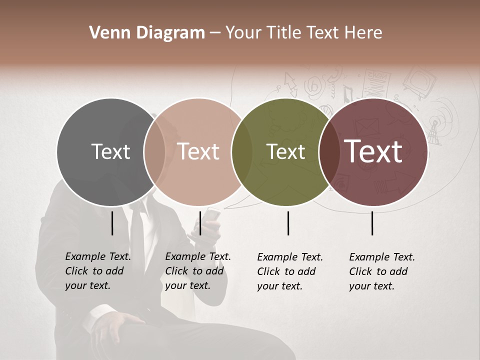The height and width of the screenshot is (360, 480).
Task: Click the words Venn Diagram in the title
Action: click(147, 33)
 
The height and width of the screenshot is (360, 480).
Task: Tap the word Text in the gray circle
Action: click(110, 151)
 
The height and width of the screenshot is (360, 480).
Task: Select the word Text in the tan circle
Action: click(198, 151)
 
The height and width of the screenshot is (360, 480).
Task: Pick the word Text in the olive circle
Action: click(285, 151)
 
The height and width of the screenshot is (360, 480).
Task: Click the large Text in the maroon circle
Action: click(373, 151)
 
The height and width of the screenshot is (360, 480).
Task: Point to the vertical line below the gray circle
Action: click(112, 223)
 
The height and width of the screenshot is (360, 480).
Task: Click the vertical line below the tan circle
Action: click(200, 223)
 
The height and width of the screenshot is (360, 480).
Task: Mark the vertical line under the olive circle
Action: click(288, 223)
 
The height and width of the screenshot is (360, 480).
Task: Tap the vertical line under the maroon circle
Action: click(372, 223)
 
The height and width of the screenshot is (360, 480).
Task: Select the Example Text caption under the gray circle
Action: click(97, 271)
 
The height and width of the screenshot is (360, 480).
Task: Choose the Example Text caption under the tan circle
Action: click(197, 271)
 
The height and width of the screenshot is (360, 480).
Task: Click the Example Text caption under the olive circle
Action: click(290, 271)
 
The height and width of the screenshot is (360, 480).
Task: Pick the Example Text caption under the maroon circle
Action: click(382, 271)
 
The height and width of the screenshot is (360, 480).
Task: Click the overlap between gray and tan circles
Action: click(154, 151)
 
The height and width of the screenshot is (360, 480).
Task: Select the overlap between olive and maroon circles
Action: click(329, 151)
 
